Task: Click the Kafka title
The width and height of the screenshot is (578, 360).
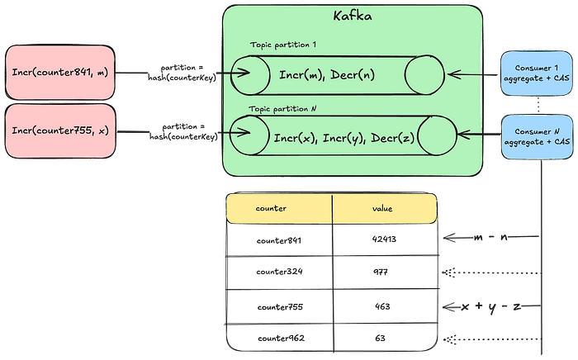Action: click(353, 16)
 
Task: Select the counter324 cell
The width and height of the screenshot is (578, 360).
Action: click(280, 272)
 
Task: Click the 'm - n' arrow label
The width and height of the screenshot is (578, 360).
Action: click(491, 239)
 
